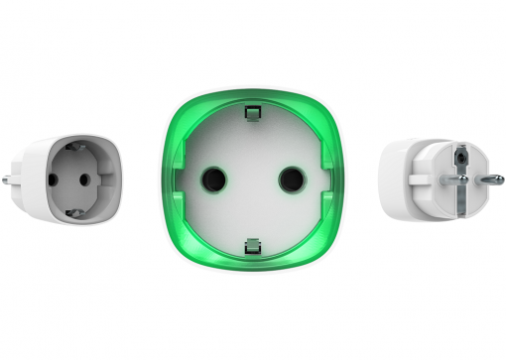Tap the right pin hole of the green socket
(x=289, y=180)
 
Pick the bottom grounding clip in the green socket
(x=252, y=242)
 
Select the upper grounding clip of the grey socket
(x=77, y=149)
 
